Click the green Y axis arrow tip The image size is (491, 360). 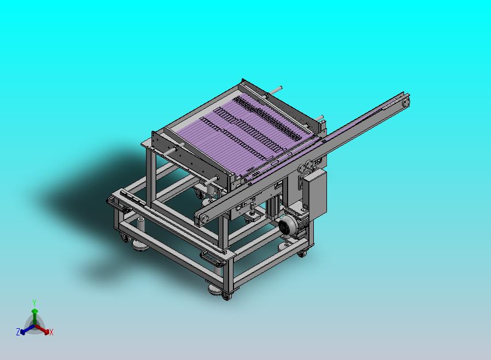tap(34, 311)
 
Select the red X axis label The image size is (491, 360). tap(51, 332)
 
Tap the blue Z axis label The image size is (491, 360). tap(18, 332)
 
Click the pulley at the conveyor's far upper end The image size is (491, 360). tap(406, 101)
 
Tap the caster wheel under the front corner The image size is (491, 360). tap(226, 296)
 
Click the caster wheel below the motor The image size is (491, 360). tap(302, 253)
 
